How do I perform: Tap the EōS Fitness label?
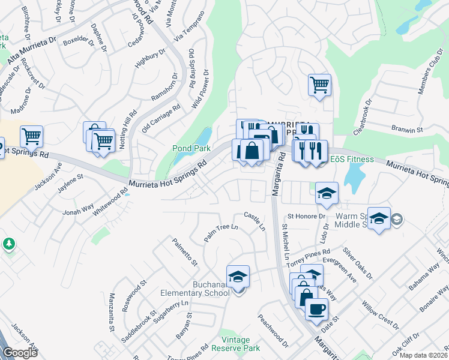(352, 160)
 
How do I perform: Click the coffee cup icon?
(316, 309)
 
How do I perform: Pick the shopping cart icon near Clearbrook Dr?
(319, 84)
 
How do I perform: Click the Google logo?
(20, 352)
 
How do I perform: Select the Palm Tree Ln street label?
(220, 233)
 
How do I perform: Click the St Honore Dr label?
(306, 216)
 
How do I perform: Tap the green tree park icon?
(8, 244)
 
